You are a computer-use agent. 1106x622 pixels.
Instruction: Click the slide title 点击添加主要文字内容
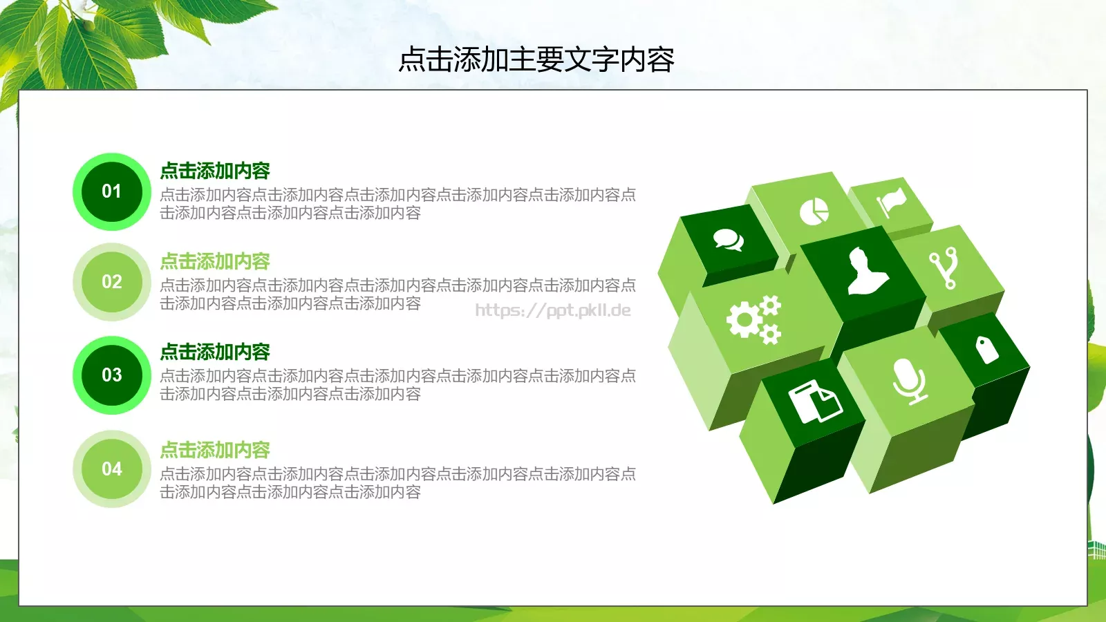536,59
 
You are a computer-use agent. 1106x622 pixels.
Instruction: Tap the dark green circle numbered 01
111,191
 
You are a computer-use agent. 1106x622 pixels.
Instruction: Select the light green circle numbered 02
111,282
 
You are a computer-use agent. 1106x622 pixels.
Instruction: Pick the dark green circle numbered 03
111,375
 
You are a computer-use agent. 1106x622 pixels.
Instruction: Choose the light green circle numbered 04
111,469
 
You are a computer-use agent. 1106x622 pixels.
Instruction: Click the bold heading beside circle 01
214,171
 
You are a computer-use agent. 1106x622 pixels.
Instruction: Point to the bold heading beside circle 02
214,261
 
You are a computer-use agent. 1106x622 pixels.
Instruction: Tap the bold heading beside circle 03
214,352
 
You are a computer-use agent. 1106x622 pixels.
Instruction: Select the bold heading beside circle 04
214,450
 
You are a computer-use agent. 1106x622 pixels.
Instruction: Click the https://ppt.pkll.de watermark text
552,310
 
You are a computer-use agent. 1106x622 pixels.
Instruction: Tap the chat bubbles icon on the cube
729,240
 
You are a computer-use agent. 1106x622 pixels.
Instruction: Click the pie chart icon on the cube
814,211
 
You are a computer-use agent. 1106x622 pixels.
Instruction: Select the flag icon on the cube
892,201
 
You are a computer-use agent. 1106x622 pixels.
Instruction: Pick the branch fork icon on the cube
944,268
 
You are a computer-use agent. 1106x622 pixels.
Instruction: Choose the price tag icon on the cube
986,349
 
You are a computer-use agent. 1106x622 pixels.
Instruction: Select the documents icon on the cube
814,402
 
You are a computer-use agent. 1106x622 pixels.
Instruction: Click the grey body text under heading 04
397,482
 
